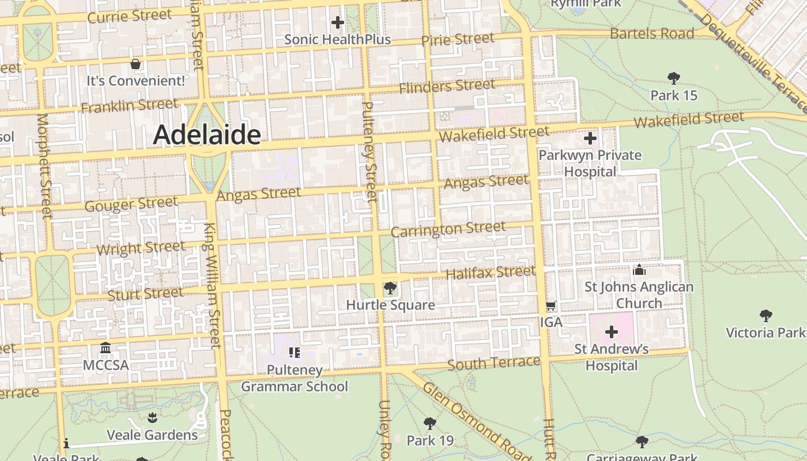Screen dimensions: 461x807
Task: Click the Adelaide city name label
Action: coord(207,135)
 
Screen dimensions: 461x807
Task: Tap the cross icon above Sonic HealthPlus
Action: coord(338,22)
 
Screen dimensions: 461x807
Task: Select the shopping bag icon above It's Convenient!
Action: coord(135,63)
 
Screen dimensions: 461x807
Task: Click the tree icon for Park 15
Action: coord(673,78)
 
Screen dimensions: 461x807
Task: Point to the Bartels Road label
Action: coord(651,33)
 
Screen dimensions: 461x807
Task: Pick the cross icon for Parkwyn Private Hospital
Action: coord(590,138)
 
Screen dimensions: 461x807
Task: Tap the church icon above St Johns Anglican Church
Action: coord(639,270)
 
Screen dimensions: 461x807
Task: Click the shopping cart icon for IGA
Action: coord(550,305)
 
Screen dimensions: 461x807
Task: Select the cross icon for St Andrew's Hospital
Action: coord(611,331)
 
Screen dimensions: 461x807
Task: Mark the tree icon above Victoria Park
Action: coord(765,315)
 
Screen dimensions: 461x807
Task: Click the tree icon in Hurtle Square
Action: coord(390,288)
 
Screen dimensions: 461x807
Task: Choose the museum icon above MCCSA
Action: coord(105,348)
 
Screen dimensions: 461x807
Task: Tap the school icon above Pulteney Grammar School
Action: coord(295,352)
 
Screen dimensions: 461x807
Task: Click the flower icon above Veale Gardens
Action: coord(152,417)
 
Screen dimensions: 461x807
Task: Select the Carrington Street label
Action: coord(448,229)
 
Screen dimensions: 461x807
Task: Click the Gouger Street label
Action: coord(131,204)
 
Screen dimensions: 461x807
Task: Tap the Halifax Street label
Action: coord(491,272)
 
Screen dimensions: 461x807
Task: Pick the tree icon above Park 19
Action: coord(429,424)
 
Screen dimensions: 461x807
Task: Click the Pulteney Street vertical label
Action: coord(369,151)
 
